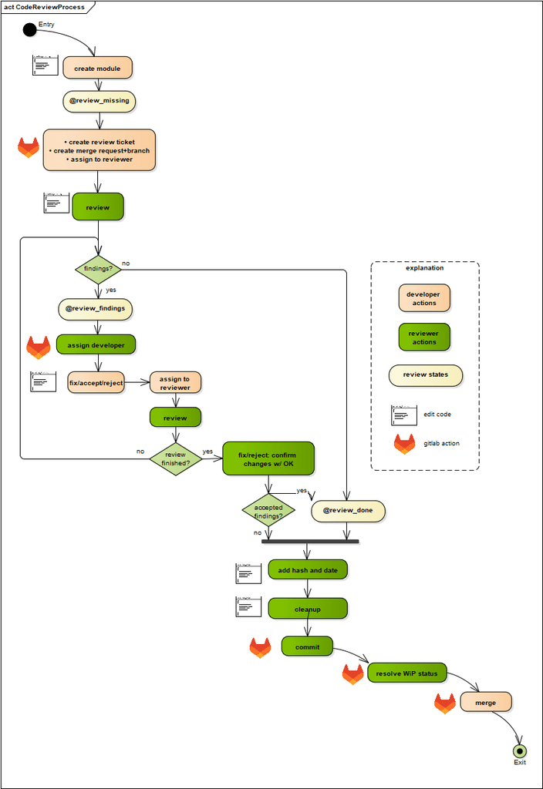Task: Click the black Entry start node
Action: (x=29, y=29)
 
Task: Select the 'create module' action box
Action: (x=97, y=68)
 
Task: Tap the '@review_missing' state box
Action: (x=99, y=101)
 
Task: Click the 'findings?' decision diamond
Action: (x=98, y=269)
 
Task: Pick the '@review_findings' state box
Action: (x=96, y=309)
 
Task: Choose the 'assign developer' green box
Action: (x=96, y=344)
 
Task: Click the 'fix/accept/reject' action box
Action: (x=96, y=382)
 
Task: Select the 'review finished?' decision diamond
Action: (x=175, y=458)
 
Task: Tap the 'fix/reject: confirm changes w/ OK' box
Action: (x=268, y=458)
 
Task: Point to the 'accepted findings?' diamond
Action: (x=268, y=511)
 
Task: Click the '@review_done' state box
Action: (x=347, y=511)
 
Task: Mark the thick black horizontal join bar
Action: (x=310, y=541)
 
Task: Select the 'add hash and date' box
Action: (x=308, y=570)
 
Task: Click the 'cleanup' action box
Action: (x=308, y=609)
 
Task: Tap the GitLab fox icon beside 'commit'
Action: (x=260, y=647)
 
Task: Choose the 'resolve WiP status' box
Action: (x=406, y=673)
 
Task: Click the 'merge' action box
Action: (x=486, y=702)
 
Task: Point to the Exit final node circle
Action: (x=520, y=750)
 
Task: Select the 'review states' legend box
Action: (x=426, y=375)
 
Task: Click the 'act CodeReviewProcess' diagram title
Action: (x=45, y=7)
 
